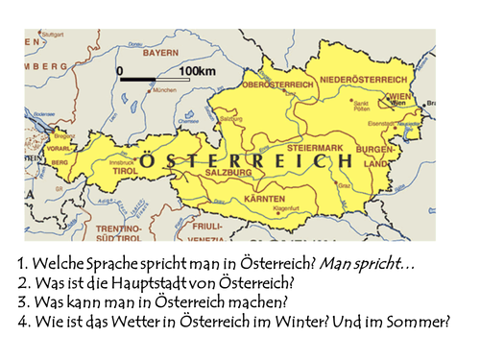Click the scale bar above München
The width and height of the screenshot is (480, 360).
(x=150, y=77)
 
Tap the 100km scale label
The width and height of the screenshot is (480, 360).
(x=196, y=70)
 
